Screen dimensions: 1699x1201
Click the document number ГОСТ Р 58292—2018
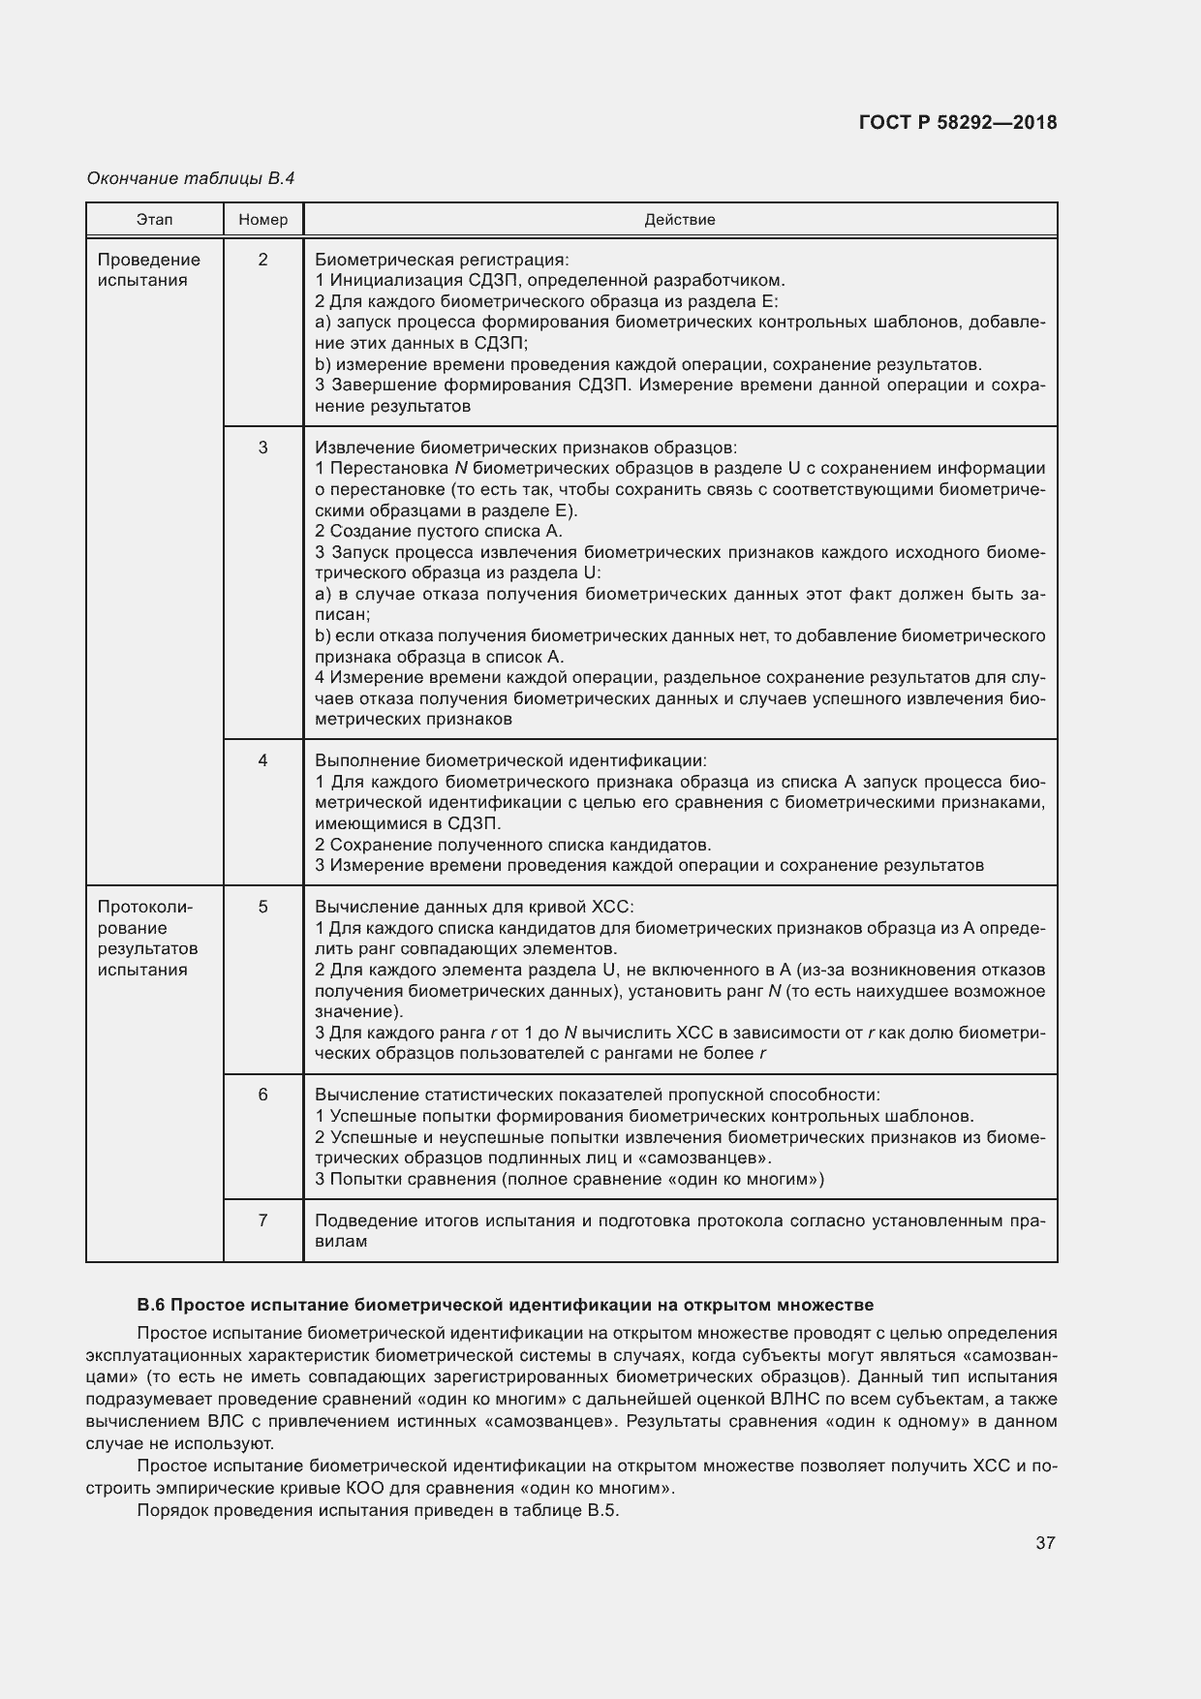pyautogui.click(x=957, y=123)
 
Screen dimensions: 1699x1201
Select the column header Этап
pyautogui.click(x=155, y=220)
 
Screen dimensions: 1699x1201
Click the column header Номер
pyautogui.click(x=263, y=220)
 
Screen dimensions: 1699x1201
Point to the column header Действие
pyautogui.click(x=680, y=220)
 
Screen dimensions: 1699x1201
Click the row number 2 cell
pyautogui.click(x=263, y=260)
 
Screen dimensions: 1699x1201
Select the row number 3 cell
pyautogui.click(x=263, y=448)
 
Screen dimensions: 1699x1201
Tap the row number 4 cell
pyautogui.click(x=263, y=760)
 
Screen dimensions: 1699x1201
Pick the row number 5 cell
pyautogui.click(x=263, y=907)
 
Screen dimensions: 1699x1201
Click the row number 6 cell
pyautogui.click(x=263, y=1095)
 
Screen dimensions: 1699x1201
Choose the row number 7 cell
pyautogui.click(x=263, y=1220)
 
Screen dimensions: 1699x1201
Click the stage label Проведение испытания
pyautogui.click(x=148, y=270)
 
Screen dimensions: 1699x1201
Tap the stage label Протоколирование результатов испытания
pyautogui.click(x=147, y=938)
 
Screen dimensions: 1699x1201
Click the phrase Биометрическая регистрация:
pyautogui.click(x=442, y=260)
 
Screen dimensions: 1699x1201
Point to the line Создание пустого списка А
pyautogui.click(x=439, y=531)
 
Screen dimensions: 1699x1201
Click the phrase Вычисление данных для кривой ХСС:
pyautogui.click(x=475, y=907)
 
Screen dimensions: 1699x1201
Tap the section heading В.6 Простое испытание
pyautogui.click(x=505, y=1304)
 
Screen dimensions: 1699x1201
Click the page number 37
pyautogui.click(x=1045, y=1543)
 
